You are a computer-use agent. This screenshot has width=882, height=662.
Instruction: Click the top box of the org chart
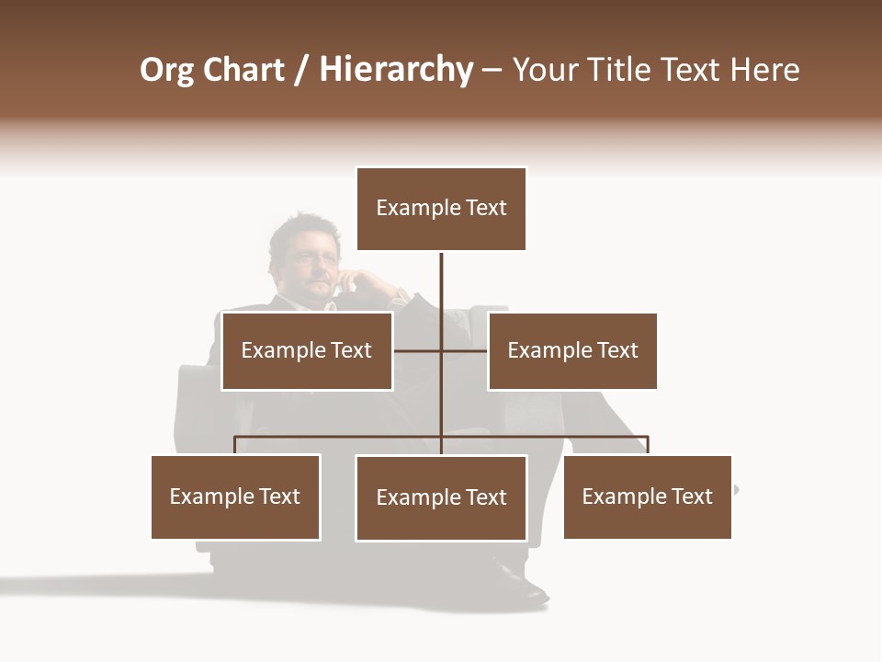[441, 209]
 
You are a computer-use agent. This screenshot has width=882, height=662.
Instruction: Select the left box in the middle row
[307, 350]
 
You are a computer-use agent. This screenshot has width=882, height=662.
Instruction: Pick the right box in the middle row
[572, 350]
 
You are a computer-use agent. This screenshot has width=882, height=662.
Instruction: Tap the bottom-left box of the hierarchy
[235, 496]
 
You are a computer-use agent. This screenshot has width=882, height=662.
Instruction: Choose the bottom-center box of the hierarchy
[441, 497]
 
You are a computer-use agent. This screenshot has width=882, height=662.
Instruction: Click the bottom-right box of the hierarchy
[648, 496]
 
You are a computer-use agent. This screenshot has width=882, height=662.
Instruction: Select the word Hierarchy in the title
[396, 70]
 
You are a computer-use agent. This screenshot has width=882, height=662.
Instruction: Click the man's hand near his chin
[354, 280]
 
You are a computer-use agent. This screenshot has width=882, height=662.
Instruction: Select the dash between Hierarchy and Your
[492, 71]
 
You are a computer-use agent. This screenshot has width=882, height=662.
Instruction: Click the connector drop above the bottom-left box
[235, 445]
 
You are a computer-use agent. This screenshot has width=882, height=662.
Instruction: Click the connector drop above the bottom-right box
[648, 445]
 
